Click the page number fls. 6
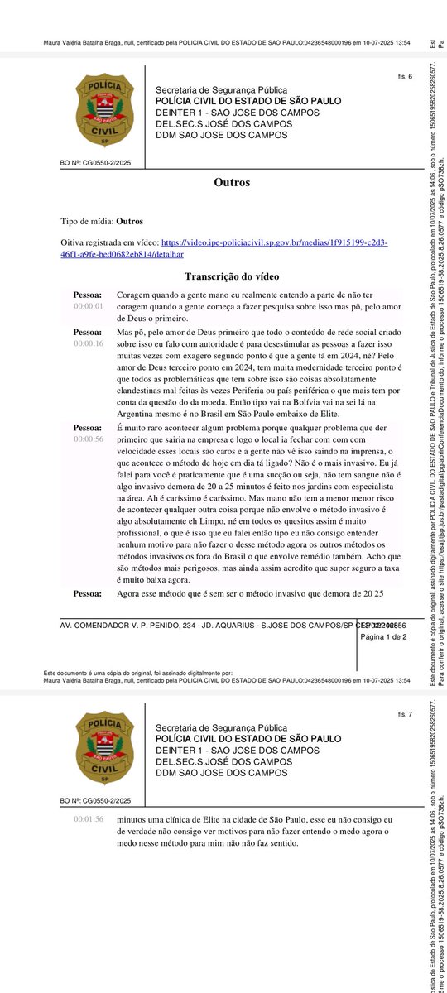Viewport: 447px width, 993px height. [405, 77]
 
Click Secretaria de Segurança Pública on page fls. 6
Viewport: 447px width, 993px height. [221, 90]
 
